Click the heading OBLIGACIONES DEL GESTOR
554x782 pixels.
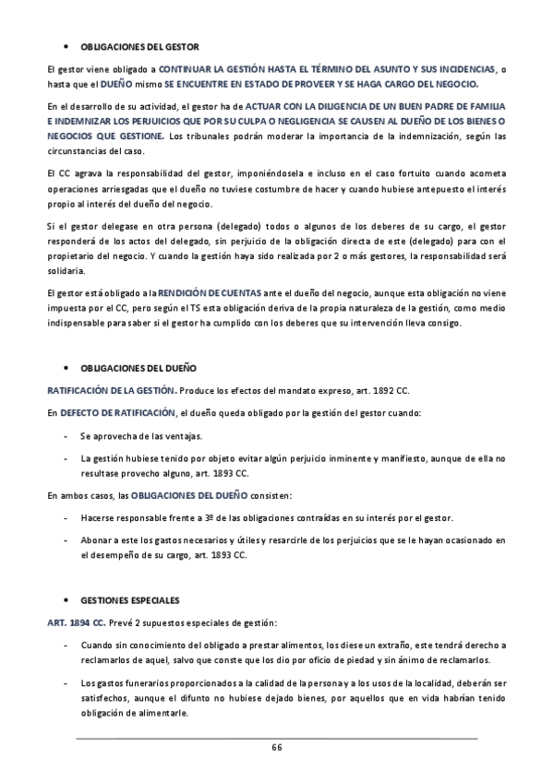point(139,46)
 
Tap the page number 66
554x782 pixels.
point(276,747)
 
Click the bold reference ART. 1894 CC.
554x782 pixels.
point(77,598)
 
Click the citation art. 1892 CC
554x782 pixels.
point(367,391)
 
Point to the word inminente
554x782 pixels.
point(361,457)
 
